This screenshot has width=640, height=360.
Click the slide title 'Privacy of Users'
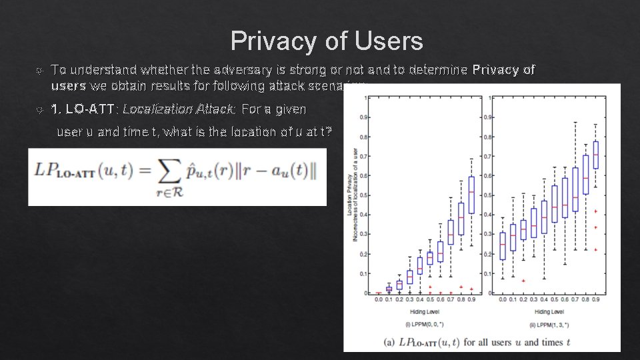327,41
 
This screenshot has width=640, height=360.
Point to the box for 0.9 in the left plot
471,195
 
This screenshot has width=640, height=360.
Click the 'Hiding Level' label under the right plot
549,311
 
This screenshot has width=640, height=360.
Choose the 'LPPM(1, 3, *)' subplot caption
549,323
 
